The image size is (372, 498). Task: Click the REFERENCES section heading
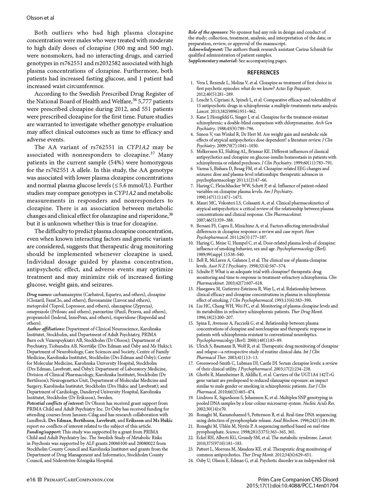[x=263, y=73]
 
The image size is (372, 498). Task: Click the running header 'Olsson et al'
[x=40, y=18]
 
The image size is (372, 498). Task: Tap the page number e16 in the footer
[x=31, y=480]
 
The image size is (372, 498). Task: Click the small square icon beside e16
[x=40, y=480]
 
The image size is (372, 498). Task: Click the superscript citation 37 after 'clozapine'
[x=152, y=154]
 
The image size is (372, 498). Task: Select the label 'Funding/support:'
[x=44, y=432]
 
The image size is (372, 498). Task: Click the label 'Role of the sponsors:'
[x=208, y=32]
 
